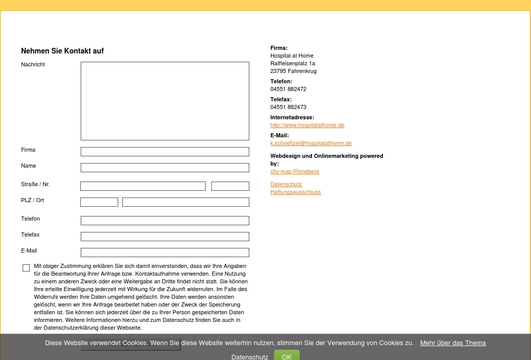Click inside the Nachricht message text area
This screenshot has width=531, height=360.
pos(164,101)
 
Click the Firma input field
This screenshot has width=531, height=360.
pos(164,152)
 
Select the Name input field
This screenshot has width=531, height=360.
pos(164,168)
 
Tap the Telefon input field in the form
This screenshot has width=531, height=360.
pos(164,221)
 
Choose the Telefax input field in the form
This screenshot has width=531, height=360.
pos(164,237)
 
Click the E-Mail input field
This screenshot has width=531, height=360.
pos(164,253)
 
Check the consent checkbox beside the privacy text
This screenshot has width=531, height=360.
pos(26,268)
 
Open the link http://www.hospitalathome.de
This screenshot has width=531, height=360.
pos(307,125)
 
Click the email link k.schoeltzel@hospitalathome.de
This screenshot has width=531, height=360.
pos(311,143)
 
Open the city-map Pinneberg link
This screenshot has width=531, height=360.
pos(295,171)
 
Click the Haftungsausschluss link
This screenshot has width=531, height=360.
pos(296,192)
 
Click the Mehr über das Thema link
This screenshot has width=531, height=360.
pos(453,343)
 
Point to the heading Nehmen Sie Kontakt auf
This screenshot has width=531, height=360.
pos(62,51)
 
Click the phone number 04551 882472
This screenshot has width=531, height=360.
pos(288,89)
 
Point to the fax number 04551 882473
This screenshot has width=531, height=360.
pos(288,107)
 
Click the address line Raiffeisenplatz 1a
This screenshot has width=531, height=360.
pos(292,63)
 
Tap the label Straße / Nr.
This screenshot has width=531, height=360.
pos(35,184)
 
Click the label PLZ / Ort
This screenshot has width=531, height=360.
pos(32,200)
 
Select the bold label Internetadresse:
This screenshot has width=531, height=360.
pos(292,117)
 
